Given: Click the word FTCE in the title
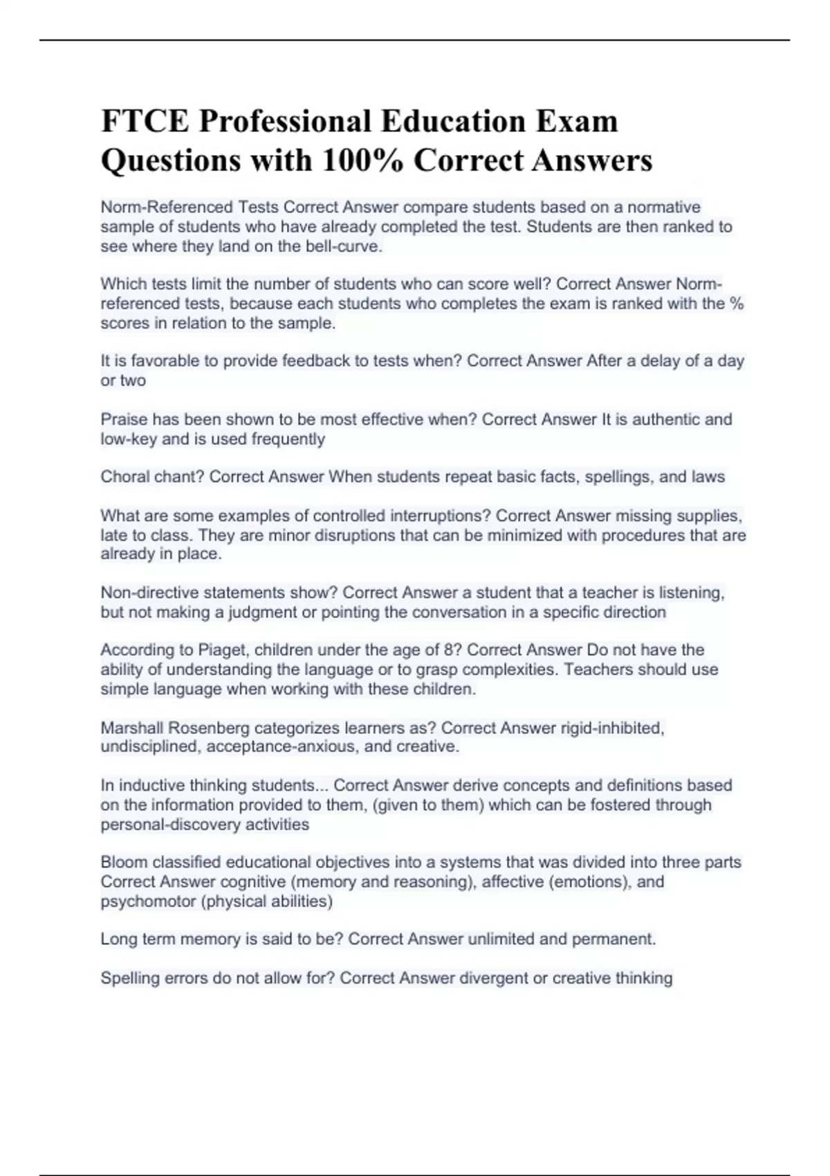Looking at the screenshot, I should (x=144, y=121).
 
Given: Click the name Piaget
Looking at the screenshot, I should (x=222, y=650).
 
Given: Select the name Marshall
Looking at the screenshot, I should (x=131, y=728).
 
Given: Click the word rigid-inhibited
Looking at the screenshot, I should (x=612, y=728).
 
